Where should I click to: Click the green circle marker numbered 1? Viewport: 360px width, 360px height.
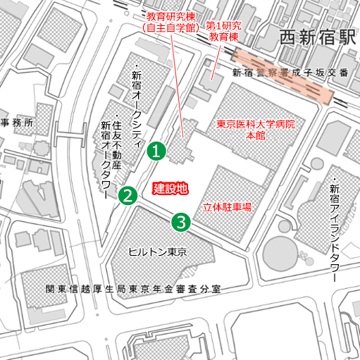click(156, 150)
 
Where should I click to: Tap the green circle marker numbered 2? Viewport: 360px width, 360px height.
click(128, 195)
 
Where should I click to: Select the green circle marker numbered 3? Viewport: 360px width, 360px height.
click(181, 222)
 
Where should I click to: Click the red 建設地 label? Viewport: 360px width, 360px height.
click(170, 188)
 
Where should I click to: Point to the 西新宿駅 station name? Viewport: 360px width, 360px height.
click(317, 38)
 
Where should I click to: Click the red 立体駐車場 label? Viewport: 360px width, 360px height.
click(228, 207)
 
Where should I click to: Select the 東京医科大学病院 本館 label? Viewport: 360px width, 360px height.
click(255, 130)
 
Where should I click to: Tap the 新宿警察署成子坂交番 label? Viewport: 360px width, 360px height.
click(290, 73)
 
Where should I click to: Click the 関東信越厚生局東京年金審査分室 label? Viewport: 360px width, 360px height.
click(133, 289)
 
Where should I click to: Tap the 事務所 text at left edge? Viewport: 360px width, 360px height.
click(15, 122)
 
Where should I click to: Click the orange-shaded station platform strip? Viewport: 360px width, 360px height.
click(282, 76)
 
